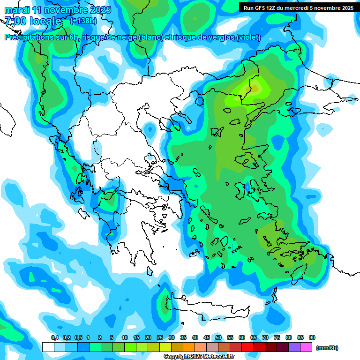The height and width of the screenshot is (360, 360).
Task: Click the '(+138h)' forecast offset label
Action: (83, 21)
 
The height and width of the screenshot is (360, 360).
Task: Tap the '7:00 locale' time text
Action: (33, 21)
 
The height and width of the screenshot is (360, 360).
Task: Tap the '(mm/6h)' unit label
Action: (327, 347)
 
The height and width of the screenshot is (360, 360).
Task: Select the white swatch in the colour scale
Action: (48, 347)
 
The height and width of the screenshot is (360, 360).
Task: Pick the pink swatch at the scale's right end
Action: (306, 347)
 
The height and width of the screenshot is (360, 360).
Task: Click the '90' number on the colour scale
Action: (312, 337)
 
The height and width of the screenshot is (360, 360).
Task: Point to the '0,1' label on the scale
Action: (54, 337)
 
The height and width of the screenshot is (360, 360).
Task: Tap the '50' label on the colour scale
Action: (218, 337)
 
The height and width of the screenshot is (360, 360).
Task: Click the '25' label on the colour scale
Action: (160, 337)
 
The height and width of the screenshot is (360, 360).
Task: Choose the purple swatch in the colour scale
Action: (294, 347)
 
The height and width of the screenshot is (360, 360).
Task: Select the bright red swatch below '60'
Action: (247, 347)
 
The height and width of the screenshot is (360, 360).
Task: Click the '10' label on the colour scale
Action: (125, 337)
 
